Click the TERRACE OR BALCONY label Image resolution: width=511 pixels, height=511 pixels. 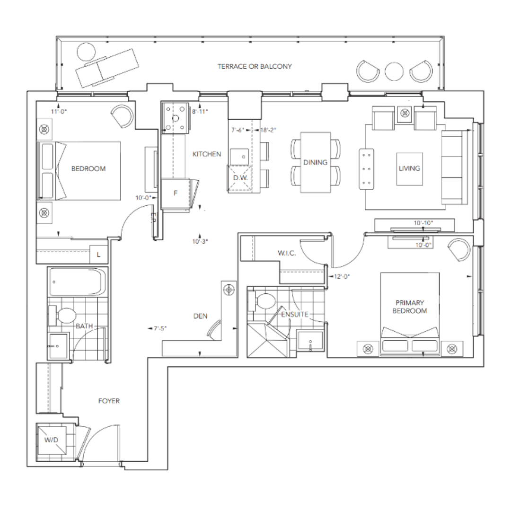(255, 67)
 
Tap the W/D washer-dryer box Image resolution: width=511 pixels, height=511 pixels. (51, 440)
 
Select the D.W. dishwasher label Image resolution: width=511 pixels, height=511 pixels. (240, 178)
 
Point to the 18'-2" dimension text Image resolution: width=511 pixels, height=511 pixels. (268, 130)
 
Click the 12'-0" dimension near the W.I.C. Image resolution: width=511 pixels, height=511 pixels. (342, 276)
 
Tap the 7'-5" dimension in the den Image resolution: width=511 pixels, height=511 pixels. (160, 328)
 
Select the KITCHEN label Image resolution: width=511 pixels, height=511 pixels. (207, 154)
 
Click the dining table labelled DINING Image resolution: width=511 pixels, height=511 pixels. (316, 162)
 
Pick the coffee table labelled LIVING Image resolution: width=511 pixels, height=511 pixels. (410, 169)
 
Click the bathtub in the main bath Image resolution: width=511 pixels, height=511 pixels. (77, 282)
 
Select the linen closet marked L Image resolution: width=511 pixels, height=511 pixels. (98, 254)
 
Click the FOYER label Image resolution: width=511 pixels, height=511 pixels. (109, 401)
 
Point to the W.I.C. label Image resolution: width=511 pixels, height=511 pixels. (287, 253)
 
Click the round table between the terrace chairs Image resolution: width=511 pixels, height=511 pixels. (394, 71)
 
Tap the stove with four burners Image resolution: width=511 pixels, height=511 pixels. (176, 118)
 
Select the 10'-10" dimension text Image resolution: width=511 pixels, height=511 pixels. (423, 223)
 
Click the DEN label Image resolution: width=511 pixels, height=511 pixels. (200, 316)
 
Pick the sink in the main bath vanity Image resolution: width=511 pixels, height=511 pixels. (58, 346)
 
